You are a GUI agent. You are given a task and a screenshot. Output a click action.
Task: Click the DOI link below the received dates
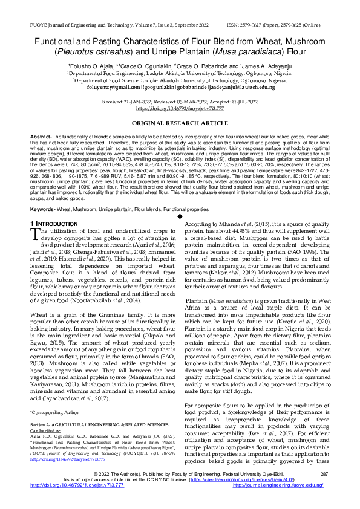(x=180, y=109)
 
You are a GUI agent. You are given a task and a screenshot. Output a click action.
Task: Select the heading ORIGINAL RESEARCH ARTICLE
(x=180, y=123)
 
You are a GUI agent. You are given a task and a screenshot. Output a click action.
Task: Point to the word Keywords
(x=44, y=209)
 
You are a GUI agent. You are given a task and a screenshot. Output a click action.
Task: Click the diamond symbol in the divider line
(x=180, y=216)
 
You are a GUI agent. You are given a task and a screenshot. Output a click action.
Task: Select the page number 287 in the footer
(x=324, y=490)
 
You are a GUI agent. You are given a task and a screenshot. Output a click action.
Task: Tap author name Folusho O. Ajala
(x=90, y=65)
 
